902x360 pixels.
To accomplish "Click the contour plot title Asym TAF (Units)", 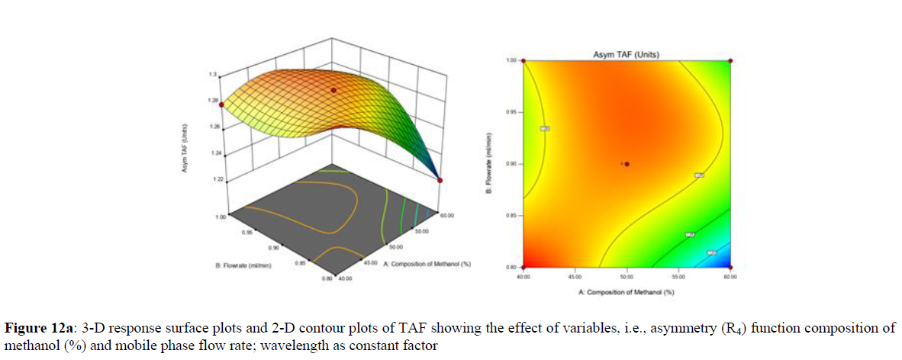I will pos(626,54).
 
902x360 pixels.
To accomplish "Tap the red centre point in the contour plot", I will pos(627,163).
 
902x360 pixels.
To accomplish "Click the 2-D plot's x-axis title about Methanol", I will pos(626,291).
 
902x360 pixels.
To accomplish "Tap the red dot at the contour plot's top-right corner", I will pos(730,60).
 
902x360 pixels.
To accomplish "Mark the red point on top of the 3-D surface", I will pos(333,91).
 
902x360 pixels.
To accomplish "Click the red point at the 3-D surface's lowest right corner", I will pos(440,180).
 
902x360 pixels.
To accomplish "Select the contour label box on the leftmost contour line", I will pos(545,129).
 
